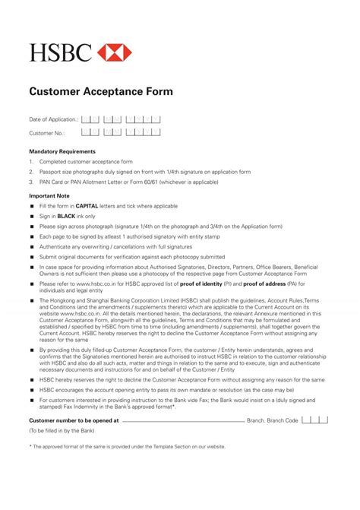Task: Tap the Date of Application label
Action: point(53,119)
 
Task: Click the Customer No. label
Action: point(47,133)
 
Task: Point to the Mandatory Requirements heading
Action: point(62,151)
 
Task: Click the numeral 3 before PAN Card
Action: point(31,182)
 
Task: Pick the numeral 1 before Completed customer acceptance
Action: point(31,162)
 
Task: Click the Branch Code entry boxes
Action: point(314,420)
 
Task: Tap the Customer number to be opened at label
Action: point(74,420)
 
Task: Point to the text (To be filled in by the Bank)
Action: point(62,431)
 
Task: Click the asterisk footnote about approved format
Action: point(127,446)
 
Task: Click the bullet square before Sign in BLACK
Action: point(32,217)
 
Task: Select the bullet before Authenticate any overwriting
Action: point(32,246)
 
